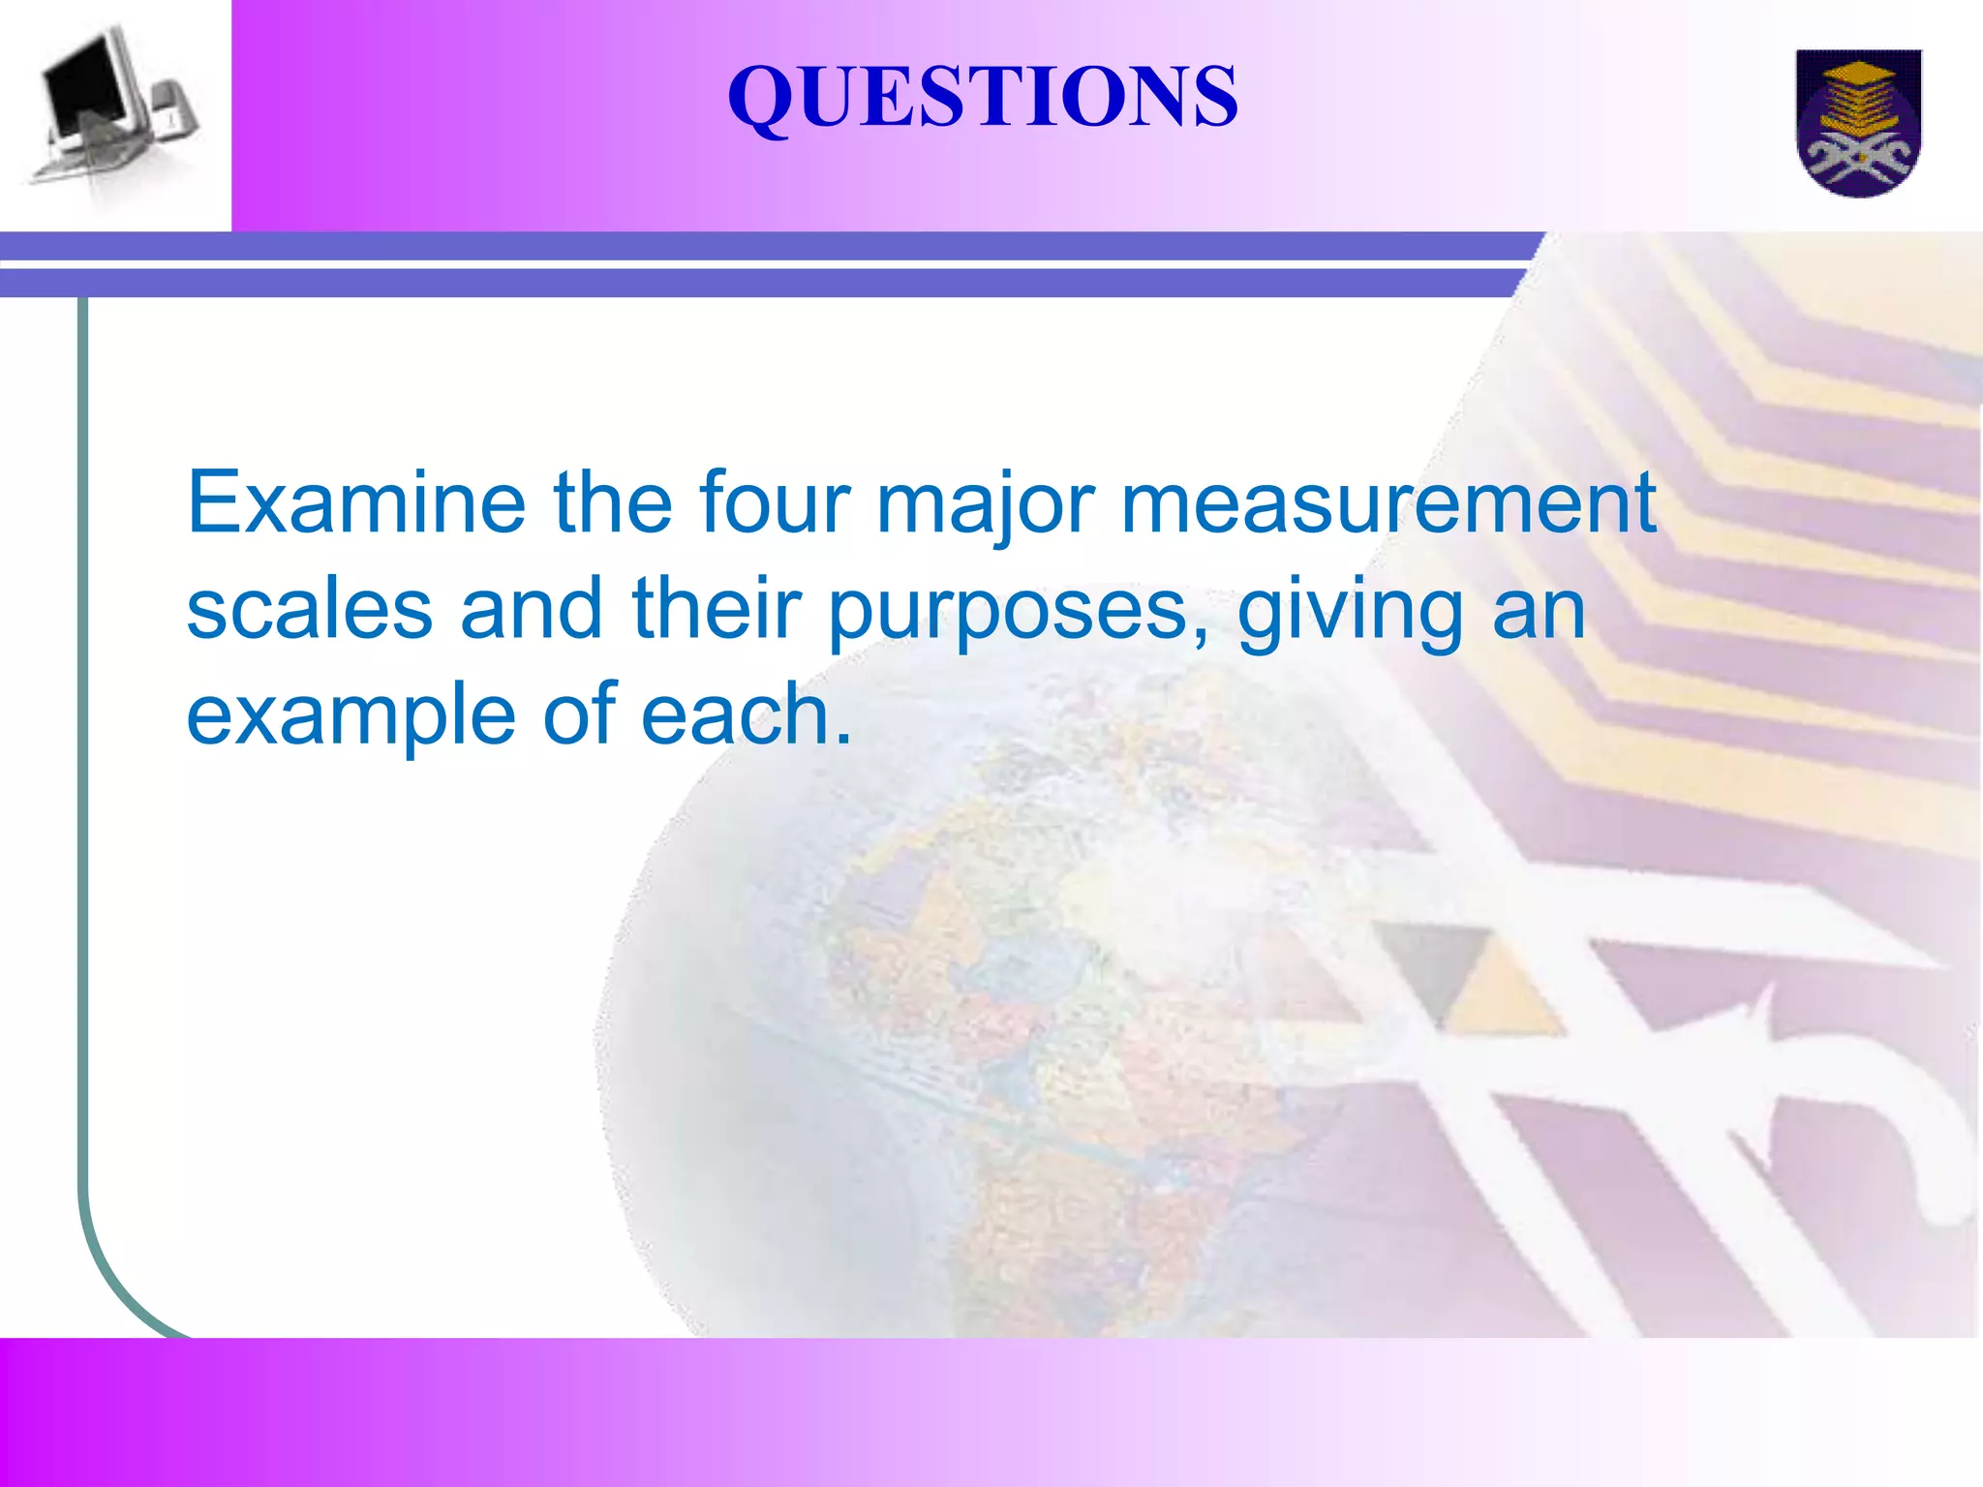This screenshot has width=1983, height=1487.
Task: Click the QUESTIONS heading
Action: [982, 96]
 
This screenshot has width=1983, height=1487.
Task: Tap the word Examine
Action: [355, 502]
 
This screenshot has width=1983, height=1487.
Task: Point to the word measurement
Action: [1388, 502]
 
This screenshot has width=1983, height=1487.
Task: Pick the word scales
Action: [309, 609]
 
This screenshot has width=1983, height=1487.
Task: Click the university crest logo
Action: [1858, 122]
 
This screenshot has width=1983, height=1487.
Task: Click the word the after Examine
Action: [612, 502]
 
